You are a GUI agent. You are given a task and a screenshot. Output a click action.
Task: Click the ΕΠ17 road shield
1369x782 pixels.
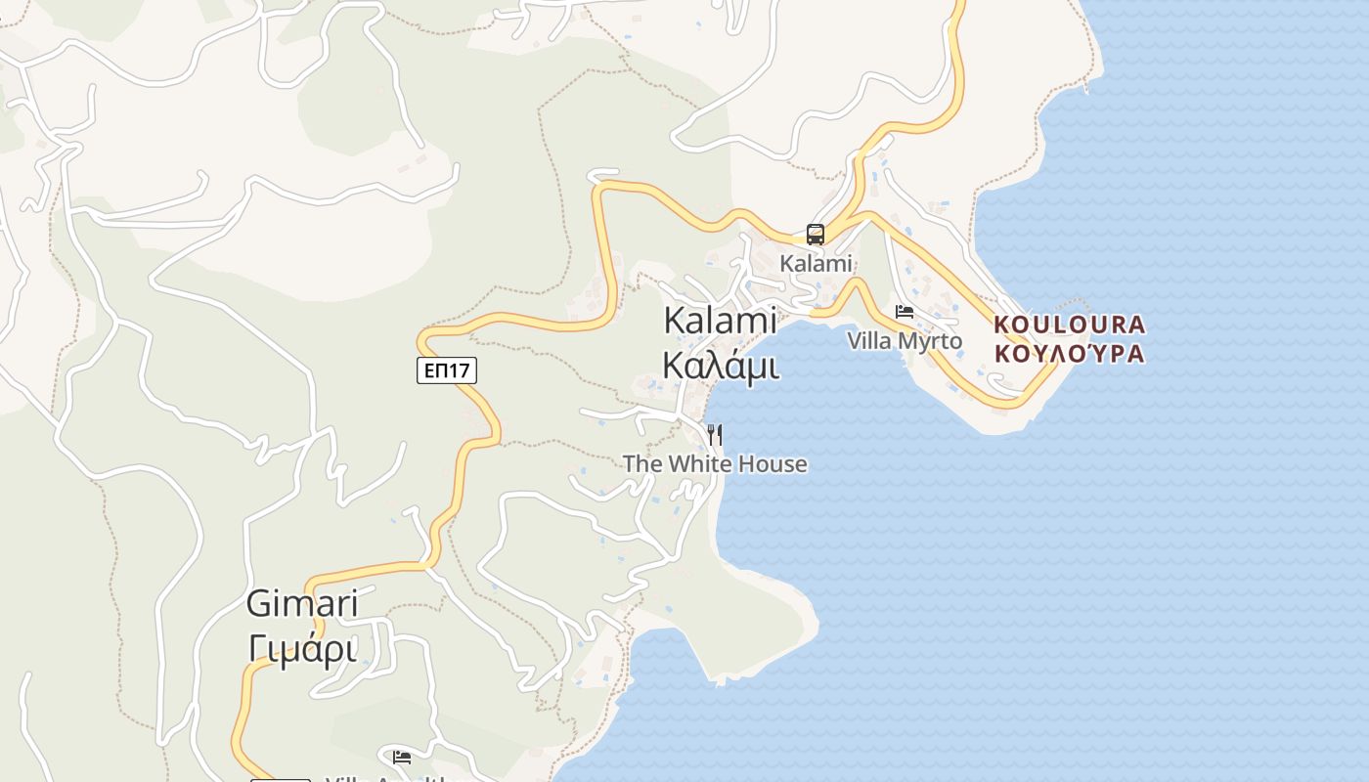click(x=446, y=370)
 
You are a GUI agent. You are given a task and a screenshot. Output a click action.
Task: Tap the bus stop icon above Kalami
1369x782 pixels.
click(x=816, y=235)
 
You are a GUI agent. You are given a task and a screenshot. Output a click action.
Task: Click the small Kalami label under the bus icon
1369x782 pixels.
click(x=816, y=263)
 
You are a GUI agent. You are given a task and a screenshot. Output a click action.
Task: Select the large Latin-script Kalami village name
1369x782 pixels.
click(x=720, y=321)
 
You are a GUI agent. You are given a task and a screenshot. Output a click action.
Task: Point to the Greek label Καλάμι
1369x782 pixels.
click(x=720, y=366)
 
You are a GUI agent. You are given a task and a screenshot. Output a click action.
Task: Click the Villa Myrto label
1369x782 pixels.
click(x=905, y=341)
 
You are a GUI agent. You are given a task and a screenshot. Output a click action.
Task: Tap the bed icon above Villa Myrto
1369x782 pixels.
click(x=905, y=312)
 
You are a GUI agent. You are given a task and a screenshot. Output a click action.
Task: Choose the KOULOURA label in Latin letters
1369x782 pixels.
click(x=1069, y=325)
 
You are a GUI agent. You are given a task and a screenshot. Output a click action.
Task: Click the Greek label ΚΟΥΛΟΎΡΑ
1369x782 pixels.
click(x=1069, y=353)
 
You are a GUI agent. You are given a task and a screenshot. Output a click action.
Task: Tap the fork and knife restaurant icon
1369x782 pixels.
click(x=715, y=434)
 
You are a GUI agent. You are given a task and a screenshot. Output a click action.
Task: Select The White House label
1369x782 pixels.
click(x=715, y=463)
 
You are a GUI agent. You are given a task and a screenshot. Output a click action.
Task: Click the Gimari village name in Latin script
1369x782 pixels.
click(x=301, y=603)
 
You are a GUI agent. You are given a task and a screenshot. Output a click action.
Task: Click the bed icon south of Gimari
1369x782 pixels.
click(x=402, y=757)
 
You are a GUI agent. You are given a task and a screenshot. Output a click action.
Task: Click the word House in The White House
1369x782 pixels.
click(x=773, y=463)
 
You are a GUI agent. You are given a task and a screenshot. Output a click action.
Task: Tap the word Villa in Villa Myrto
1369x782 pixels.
click(x=868, y=341)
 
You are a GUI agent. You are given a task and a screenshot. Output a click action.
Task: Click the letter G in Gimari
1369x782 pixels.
click(x=258, y=603)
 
